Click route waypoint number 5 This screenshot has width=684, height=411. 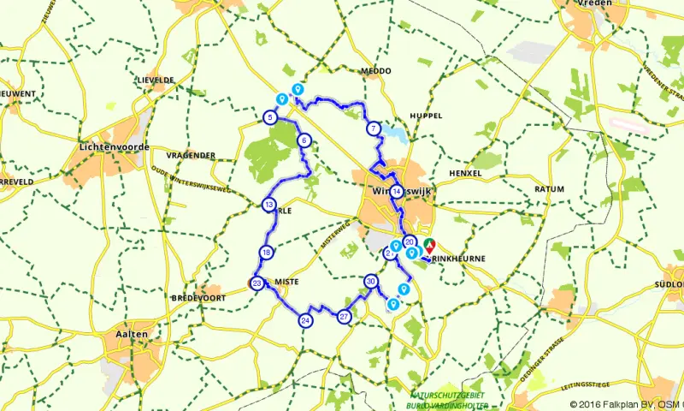pos(269,117)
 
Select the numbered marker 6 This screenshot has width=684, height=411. pos(304,141)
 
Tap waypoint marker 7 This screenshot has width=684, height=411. pos(373,129)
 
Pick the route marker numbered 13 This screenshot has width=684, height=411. pos(268,205)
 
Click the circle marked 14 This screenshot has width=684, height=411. pos(396,193)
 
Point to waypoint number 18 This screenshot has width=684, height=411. pos(267,252)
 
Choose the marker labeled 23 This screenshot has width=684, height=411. pos(256,284)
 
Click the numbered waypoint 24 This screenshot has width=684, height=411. pos(305,320)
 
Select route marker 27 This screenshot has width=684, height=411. pos(345,316)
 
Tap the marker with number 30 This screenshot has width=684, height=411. pos(370,281)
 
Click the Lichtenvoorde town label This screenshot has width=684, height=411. pos(113,146)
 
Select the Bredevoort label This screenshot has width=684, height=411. pos(196,297)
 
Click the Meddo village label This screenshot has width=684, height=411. pos(375,70)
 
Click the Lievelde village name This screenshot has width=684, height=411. pos(154,80)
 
